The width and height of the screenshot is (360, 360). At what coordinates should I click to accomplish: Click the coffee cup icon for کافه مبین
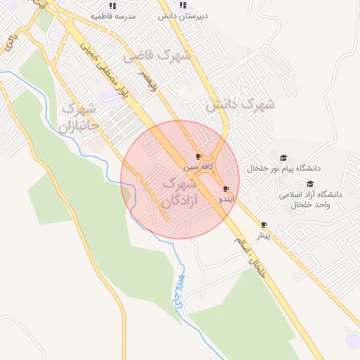tap(198, 157)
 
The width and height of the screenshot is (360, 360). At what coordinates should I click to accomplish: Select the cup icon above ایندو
tap(226, 188)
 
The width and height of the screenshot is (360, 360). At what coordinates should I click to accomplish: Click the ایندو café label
tap(224, 200)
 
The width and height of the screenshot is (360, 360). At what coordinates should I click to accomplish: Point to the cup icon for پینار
tap(264, 225)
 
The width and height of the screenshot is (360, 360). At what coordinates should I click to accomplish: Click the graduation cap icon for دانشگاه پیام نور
tap(283, 157)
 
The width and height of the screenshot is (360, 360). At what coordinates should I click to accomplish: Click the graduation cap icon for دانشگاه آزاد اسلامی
tap(309, 184)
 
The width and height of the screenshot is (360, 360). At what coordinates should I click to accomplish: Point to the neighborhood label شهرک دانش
tap(239, 105)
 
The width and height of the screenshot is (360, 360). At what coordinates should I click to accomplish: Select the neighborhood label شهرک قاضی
tap(156, 56)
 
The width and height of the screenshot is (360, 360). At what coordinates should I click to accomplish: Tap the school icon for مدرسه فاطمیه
tap(112, 5)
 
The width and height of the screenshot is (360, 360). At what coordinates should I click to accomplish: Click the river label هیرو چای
tap(177, 288)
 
